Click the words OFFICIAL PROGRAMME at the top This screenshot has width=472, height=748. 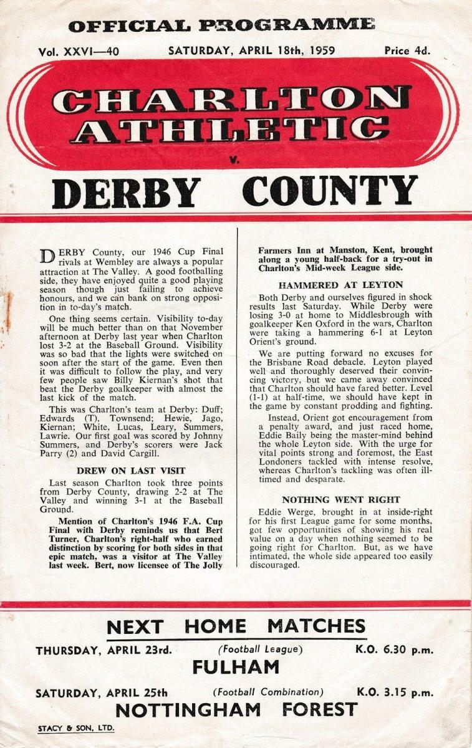221,26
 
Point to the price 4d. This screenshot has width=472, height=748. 407,51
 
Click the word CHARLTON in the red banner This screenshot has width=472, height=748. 231,100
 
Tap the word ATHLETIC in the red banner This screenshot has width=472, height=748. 231,129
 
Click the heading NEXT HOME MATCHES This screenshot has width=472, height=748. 236,626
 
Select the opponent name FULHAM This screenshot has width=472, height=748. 236,668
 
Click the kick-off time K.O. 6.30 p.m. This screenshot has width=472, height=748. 394,650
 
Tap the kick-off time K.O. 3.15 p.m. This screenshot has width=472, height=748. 394,692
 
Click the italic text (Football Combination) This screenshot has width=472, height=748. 268,692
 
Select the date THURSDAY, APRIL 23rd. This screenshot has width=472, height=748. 103,650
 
